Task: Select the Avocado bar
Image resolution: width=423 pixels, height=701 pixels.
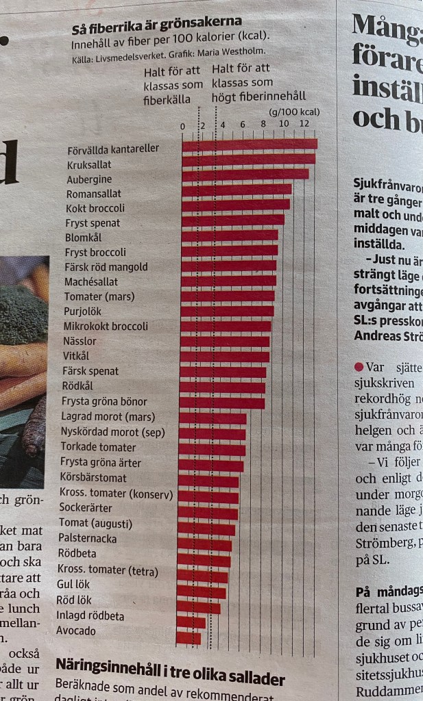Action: click(x=189, y=638)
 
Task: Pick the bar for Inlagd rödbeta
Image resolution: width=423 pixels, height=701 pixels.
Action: click(x=191, y=622)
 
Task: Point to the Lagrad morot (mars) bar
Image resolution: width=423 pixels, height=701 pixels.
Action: click(x=213, y=418)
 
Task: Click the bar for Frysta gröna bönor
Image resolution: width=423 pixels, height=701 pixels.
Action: click(x=221, y=403)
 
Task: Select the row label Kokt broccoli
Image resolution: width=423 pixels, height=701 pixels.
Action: click(x=95, y=208)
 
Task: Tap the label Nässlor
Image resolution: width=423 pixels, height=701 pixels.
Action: click(x=80, y=341)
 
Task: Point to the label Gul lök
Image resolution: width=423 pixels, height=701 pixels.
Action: click(x=73, y=585)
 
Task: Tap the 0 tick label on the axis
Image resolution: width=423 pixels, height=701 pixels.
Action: click(x=182, y=126)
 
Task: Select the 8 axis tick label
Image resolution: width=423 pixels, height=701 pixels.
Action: click(x=263, y=125)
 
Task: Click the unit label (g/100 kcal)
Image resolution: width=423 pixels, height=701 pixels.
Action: click(x=295, y=112)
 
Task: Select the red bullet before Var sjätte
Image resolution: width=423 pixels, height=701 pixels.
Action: click(x=359, y=367)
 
